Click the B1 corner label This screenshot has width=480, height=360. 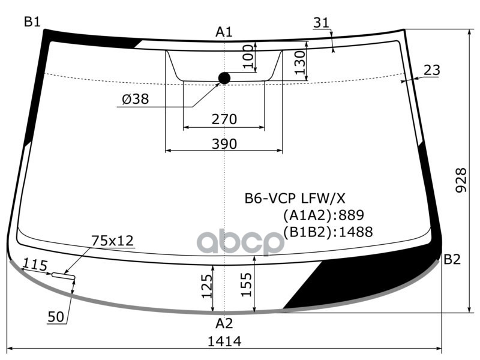[x=32, y=22]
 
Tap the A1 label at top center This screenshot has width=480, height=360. [x=224, y=32]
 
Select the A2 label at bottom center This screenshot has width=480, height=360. [x=224, y=324]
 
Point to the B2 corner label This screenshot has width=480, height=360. [x=452, y=260]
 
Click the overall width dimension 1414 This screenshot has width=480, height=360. [x=224, y=342]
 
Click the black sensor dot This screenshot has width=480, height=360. [x=224, y=78]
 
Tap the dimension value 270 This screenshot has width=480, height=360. [x=224, y=119]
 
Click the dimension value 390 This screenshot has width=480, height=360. [x=224, y=144]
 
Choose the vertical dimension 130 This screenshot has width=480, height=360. [x=300, y=62]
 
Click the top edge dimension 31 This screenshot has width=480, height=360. [x=322, y=23]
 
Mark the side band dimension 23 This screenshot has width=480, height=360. [x=431, y=70]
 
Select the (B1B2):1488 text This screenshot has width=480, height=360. [x=328, y=232]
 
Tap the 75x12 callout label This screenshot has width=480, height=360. [x=112, y=241]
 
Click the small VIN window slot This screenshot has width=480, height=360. [x=62, y=275]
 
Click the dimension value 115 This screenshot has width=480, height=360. [x=36, y=265]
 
